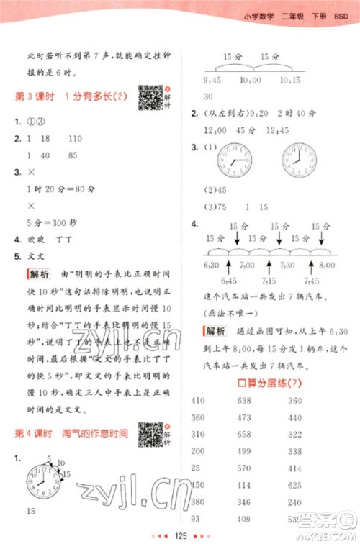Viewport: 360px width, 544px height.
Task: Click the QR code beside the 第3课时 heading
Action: pos(150,97)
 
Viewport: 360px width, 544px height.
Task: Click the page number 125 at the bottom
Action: pos(180,535)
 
